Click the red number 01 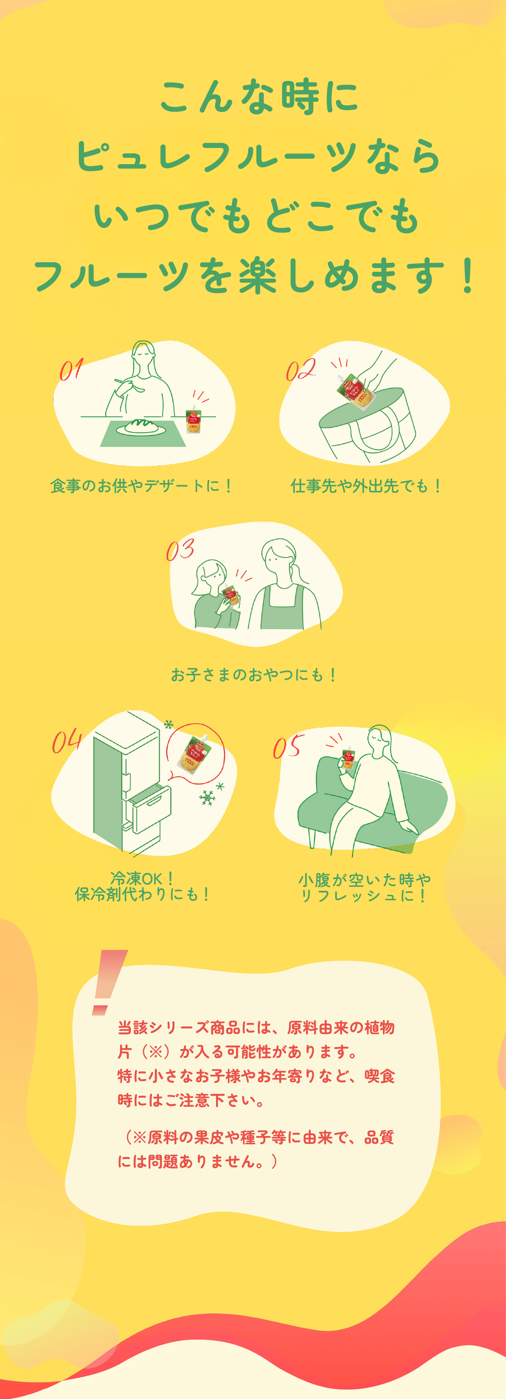coord(71,369)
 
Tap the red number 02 coord(301,369)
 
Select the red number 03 coord(180,550)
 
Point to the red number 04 coord(67,741)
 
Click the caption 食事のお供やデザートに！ coord(141,485)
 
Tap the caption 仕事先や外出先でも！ coord(366,485)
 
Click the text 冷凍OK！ coord(142,878)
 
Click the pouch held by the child coord(231,596)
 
